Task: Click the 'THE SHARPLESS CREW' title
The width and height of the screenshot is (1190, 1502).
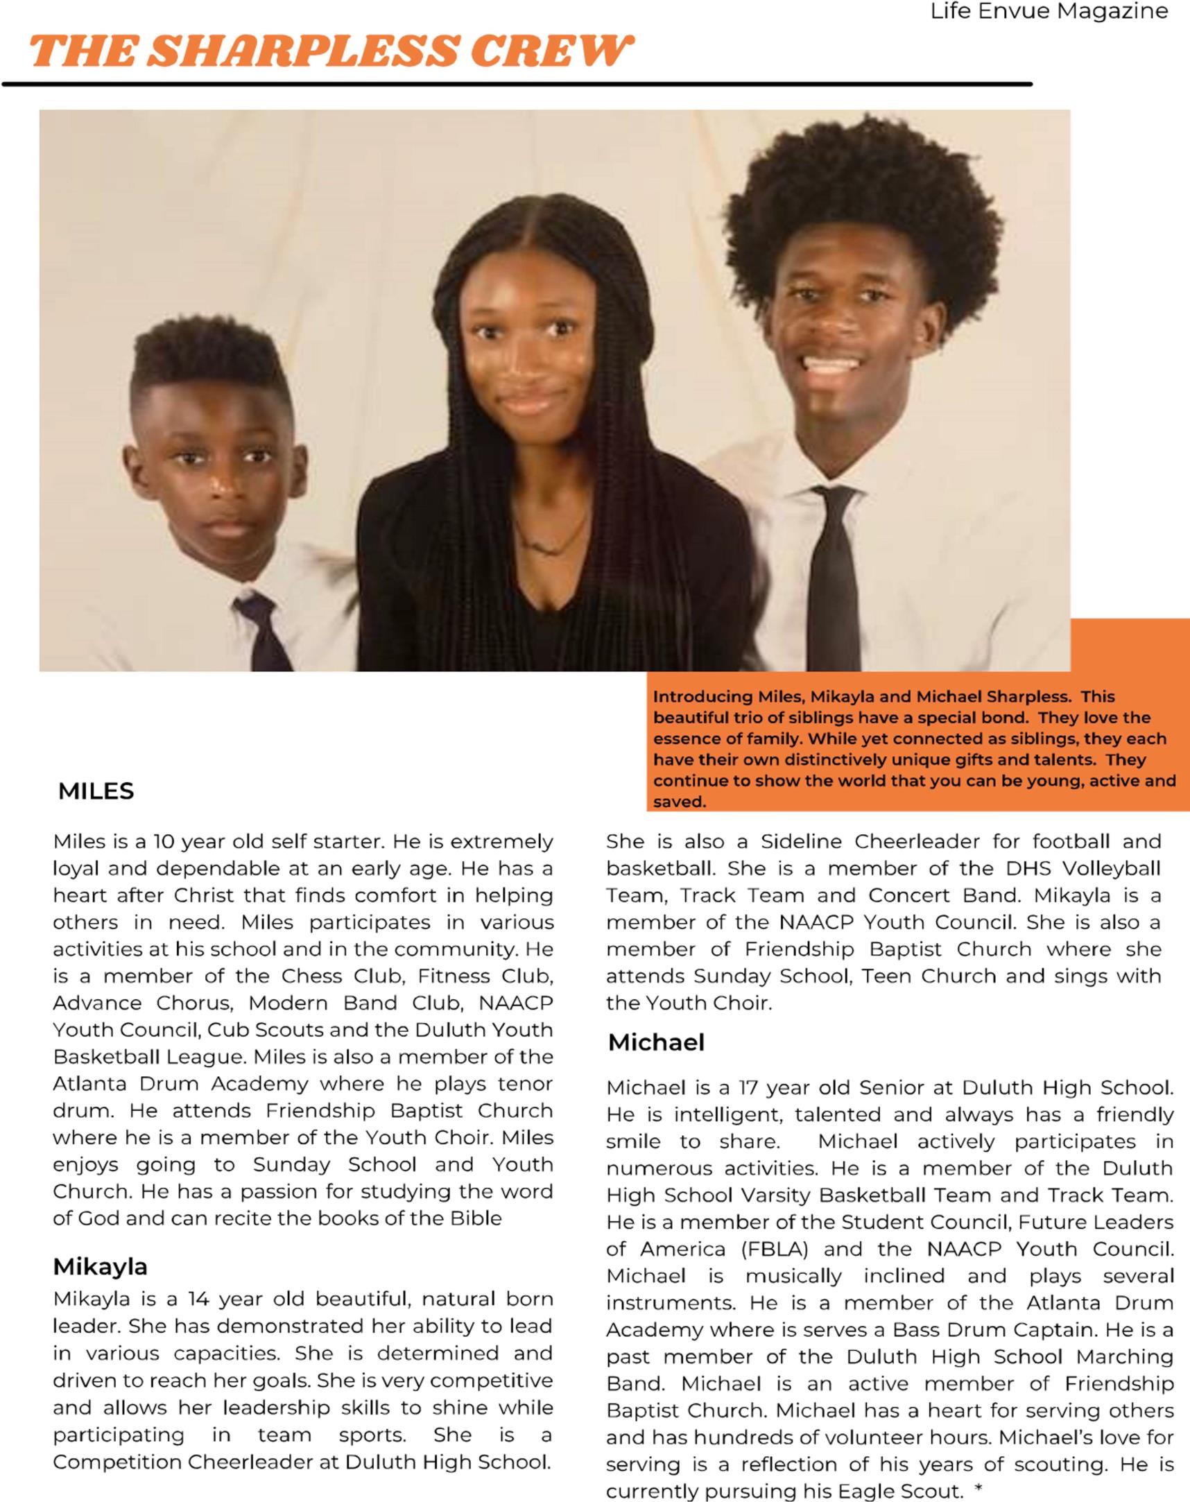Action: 331,51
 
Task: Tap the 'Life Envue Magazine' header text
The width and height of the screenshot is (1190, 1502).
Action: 1049,12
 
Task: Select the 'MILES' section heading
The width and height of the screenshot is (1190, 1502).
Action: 96,791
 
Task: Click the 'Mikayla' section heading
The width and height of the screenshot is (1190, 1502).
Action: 101,1266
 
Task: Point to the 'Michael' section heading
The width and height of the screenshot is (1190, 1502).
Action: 656,1042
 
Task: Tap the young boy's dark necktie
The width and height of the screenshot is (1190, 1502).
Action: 266,634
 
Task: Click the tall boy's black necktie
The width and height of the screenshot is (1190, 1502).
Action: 834,578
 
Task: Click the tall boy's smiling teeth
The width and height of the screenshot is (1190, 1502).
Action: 831,363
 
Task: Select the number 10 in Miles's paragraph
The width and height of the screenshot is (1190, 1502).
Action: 164,842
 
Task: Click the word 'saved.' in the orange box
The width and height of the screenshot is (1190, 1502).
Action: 680,802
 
